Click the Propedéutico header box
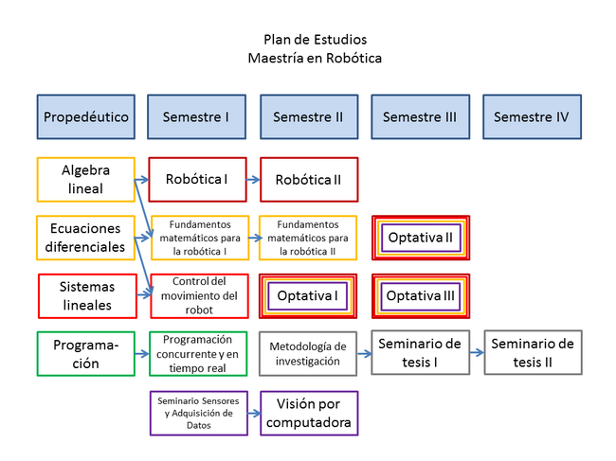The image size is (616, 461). tap(86, 117)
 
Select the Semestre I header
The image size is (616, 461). tap(196, 117)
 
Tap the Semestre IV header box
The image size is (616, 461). tap(531, 117)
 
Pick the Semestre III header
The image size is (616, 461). tap(420, 117)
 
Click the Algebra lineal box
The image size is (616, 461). tap(85, 179)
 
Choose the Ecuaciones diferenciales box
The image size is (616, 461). tap(85, 239)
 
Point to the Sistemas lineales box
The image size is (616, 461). tap(86, 296)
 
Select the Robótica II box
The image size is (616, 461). tap(308, 179)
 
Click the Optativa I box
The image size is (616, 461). tap(308, 296)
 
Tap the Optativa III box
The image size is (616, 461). tap(420, 296)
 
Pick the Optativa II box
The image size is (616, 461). tap(420, 238)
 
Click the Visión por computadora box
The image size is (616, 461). tap(308, 413)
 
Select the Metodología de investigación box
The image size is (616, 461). tap(308, 353)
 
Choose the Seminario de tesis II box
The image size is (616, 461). tap(532, 352)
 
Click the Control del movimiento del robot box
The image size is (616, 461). tap(198, 296)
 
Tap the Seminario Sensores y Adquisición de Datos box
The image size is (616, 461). tap(197, 413)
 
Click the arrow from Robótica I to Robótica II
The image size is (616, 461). tap(252, 178)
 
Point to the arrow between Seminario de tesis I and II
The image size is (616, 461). tap(475, 352)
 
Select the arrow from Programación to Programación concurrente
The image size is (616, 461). tap(142, 354)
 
